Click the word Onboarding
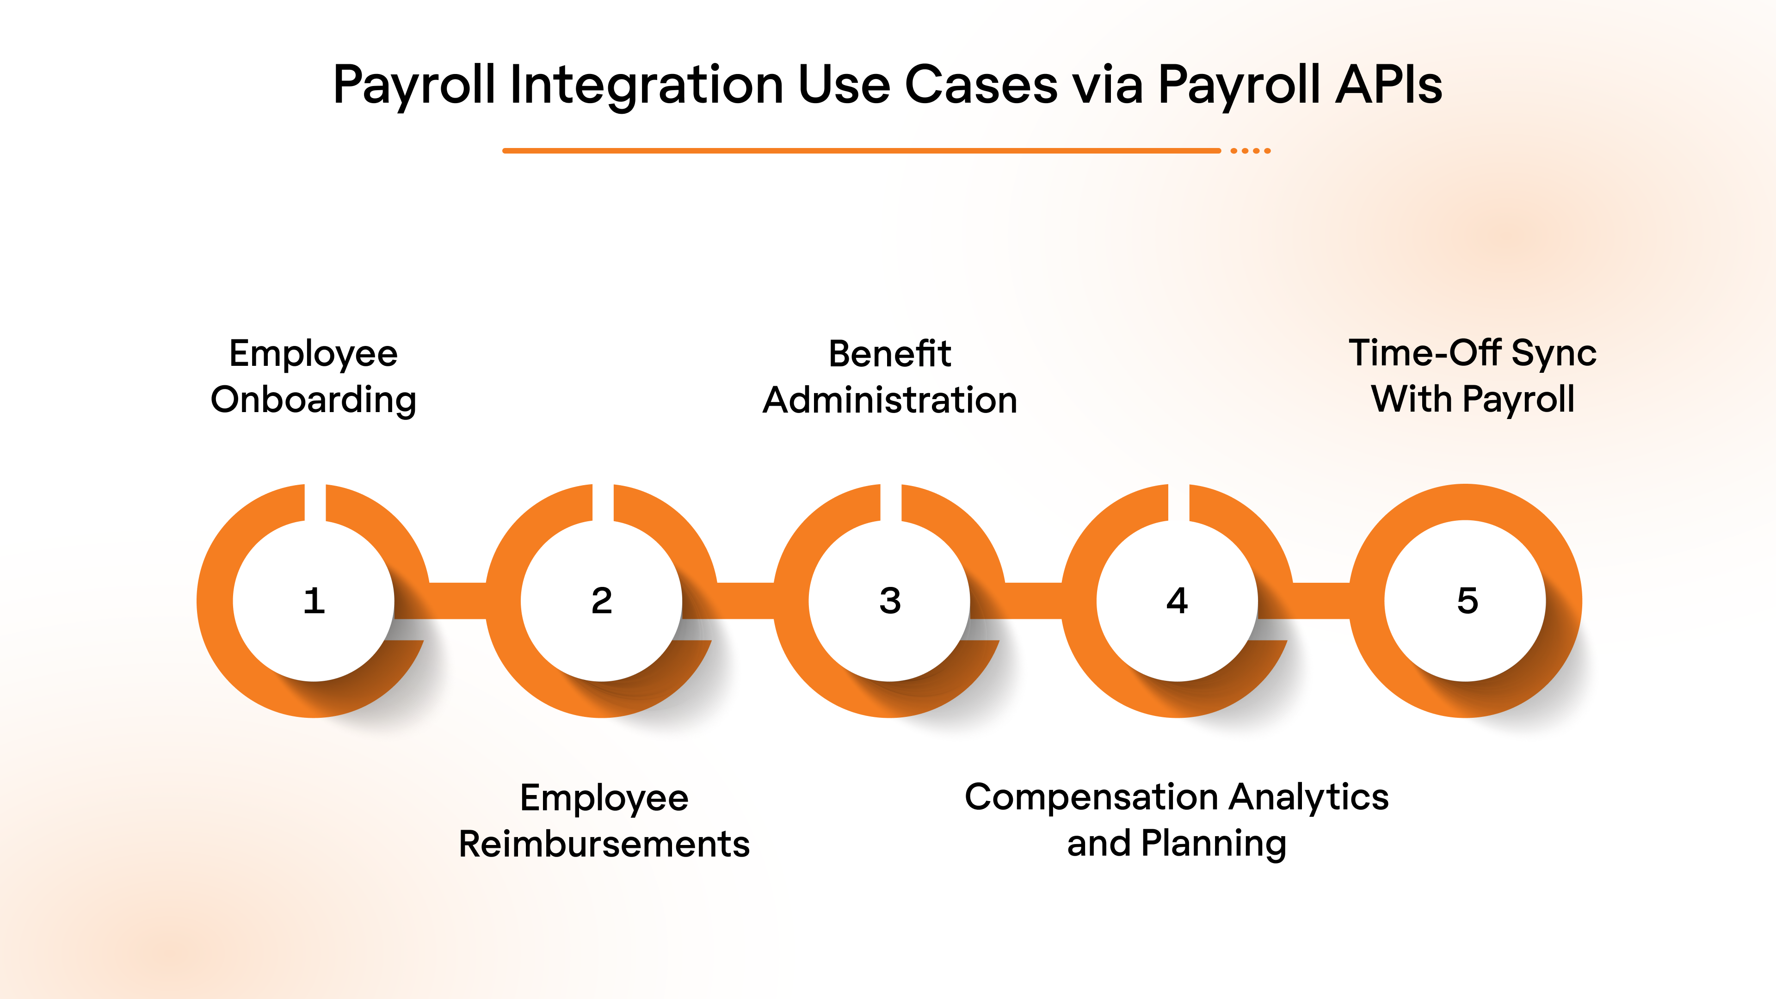(x=314, y=400)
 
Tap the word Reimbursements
(x=604, y=844)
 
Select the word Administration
(x=890, y=400)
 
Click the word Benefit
(x=889, y=354)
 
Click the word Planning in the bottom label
(x=1214, y=844)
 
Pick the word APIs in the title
(x=1388, y=85)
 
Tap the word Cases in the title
(x=980, y=85)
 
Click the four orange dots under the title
(x=1251, y=150)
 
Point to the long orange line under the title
(x=862, y=150)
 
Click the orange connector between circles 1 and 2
(x=458, y=600)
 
